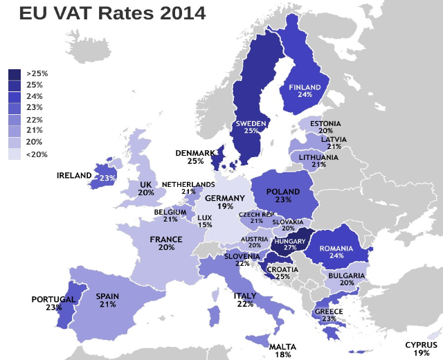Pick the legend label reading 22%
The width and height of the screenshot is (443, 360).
(x=35, y=120)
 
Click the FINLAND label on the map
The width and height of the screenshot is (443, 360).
(x=305, y=87)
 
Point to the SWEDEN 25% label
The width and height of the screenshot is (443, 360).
(x=251, y=127)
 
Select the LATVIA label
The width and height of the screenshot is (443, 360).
(x=334, y=139)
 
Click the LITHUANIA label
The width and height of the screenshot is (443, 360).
(x=319, y=157)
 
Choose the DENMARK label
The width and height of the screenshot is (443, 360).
(x=195, y=153)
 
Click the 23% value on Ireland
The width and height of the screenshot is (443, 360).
(x=107, y=178)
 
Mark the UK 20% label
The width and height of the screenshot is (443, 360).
(x=145, y=188)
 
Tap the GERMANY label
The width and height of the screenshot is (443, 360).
(x=225, y=199)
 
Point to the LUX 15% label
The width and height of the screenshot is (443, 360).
(x=204, y=221)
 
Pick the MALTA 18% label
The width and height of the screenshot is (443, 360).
(x=282, y=350)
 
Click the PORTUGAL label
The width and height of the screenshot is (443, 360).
(x=53, y=299)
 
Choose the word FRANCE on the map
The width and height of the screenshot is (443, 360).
(x=166, y=240)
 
